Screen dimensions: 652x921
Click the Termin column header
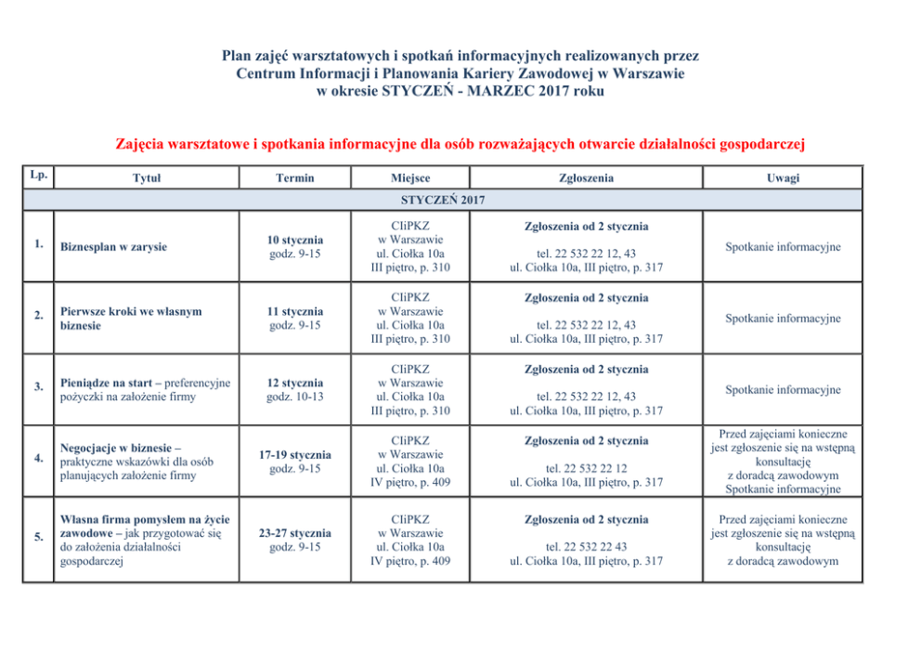coord(295,178)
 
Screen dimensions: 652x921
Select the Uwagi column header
coord(783,178)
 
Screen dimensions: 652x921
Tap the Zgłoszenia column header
coord(586,178)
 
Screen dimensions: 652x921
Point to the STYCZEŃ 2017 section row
coord(443,200)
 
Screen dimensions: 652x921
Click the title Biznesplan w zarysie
coord(113,247)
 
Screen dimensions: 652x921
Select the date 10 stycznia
coord(295,241)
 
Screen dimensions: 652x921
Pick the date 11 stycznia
coord(295,312)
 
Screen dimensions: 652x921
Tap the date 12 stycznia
coord(295,383)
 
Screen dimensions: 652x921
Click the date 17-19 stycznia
coord(295,455)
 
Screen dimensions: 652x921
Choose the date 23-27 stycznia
coord(295,534)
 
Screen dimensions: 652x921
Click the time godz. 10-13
coord(295,398)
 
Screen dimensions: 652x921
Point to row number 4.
coord(38,458)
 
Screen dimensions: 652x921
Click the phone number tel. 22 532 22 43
coord(586,547)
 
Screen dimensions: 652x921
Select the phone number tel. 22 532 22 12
coord(586,469)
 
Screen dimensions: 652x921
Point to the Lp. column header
coord(38,174)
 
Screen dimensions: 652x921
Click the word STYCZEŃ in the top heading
coord(416,91)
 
